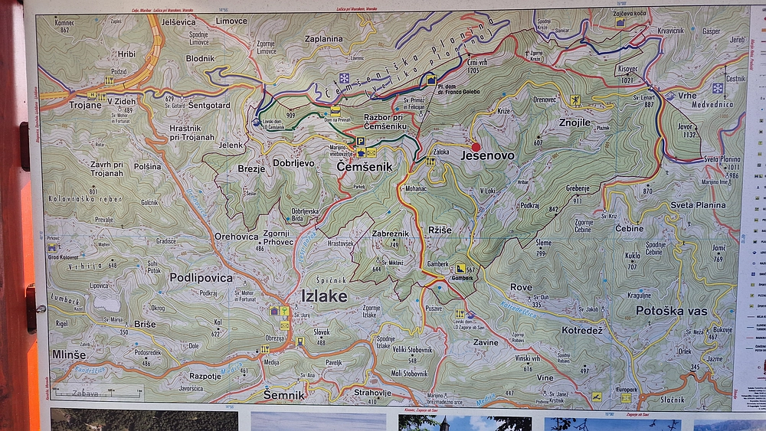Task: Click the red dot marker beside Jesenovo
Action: coord(476,147)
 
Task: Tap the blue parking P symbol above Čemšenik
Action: coord(360,142)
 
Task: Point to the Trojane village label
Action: coord(85,105)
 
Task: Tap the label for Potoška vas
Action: coord(672,310)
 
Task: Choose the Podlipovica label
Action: coord(201,277)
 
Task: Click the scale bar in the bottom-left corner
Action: coord(97,393)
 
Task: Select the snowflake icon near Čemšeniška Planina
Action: coord(345,78)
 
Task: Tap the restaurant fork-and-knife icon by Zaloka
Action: coord(430,161)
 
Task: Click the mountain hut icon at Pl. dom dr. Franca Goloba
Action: coord(431,79)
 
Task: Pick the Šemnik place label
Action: coord(284,395)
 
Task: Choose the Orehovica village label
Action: coord(236,237)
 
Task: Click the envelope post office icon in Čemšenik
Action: coord(371,152)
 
